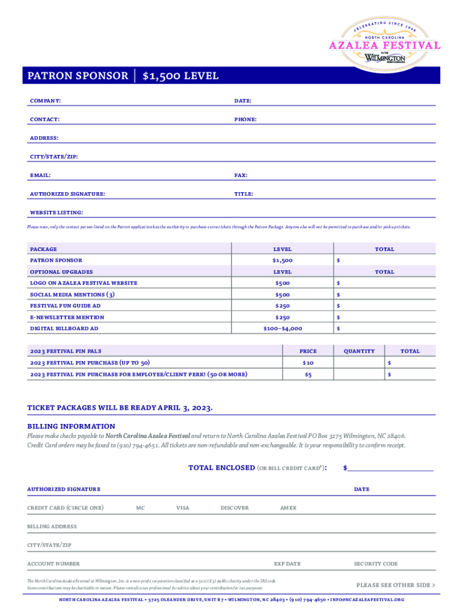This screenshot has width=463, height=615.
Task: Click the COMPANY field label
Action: [45, 101]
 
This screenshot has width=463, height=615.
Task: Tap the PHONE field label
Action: [245, 120]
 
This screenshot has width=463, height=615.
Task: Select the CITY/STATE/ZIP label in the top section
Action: [54, 157]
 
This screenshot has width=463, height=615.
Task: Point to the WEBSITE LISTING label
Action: [57, 213]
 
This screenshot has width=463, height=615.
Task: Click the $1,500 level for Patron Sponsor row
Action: [282, 261]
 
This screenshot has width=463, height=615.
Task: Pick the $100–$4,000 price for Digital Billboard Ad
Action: [283, 329]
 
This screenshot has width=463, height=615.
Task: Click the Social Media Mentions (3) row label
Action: [72, 294]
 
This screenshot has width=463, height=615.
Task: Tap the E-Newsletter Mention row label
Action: [67, 317]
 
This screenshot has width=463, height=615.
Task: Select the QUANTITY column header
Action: [359, 351]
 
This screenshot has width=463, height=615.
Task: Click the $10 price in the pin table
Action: [308, 363]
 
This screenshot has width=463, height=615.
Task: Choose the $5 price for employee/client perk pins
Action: [308, 375]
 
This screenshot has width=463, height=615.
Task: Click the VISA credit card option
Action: [182, 508]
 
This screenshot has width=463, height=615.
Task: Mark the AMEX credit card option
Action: [288, 508]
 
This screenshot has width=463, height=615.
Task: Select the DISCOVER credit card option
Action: [235, 508]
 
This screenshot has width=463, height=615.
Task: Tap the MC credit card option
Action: [140, 508]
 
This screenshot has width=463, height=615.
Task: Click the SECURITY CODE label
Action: [376, 564]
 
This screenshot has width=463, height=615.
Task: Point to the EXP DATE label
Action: [287, 564]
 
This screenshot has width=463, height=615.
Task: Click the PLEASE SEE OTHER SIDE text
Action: [396, 585]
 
